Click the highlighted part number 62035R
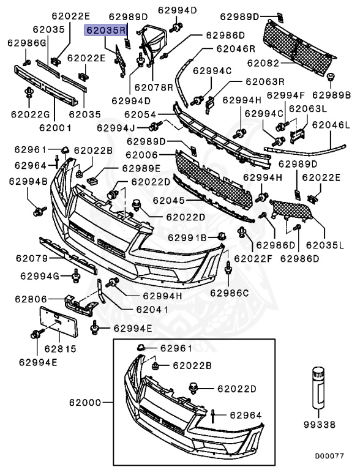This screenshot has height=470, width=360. pyautogui.click(x=106, y=30)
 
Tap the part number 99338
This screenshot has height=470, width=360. pyautogui.click(x=320, y=425)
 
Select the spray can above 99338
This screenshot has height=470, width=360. pyautogui.click(x=318, y=387)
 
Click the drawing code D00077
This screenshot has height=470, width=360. pyautogui.click(x=329, y=456)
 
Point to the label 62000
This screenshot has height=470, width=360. pyautogui.click(x=85, y=402)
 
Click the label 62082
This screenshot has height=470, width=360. pyautogui.click(x=263, y=63)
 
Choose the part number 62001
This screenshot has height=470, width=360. pyautogui.click(x=56, y=128)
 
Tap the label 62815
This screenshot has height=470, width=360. pyautogui.click(x=60, y=349)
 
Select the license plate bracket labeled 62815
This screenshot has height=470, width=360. pyautogui.click(x=59, y=321)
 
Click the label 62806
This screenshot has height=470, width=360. pyautogui.click(x=31, y=299)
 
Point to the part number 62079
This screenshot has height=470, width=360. pyautogui.click(x=32, y=258)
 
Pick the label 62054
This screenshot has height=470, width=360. pyautogui.click(x=140, y=114)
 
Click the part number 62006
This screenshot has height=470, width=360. pyautogui.click(x=141, y=155)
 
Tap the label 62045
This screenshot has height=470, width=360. pyautogui.click(x=169, y=200)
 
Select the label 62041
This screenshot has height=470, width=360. pyautogui.click(x=152, y=309)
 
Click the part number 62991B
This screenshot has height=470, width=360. pyautogui.click(x=187, y=237)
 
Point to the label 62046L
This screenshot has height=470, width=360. pyautogui.click(x=331, y=125)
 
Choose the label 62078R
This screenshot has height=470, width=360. pyautogui.click(x=154, y=88)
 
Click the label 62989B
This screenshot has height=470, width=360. pyautogui.click(x=331, y=95)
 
